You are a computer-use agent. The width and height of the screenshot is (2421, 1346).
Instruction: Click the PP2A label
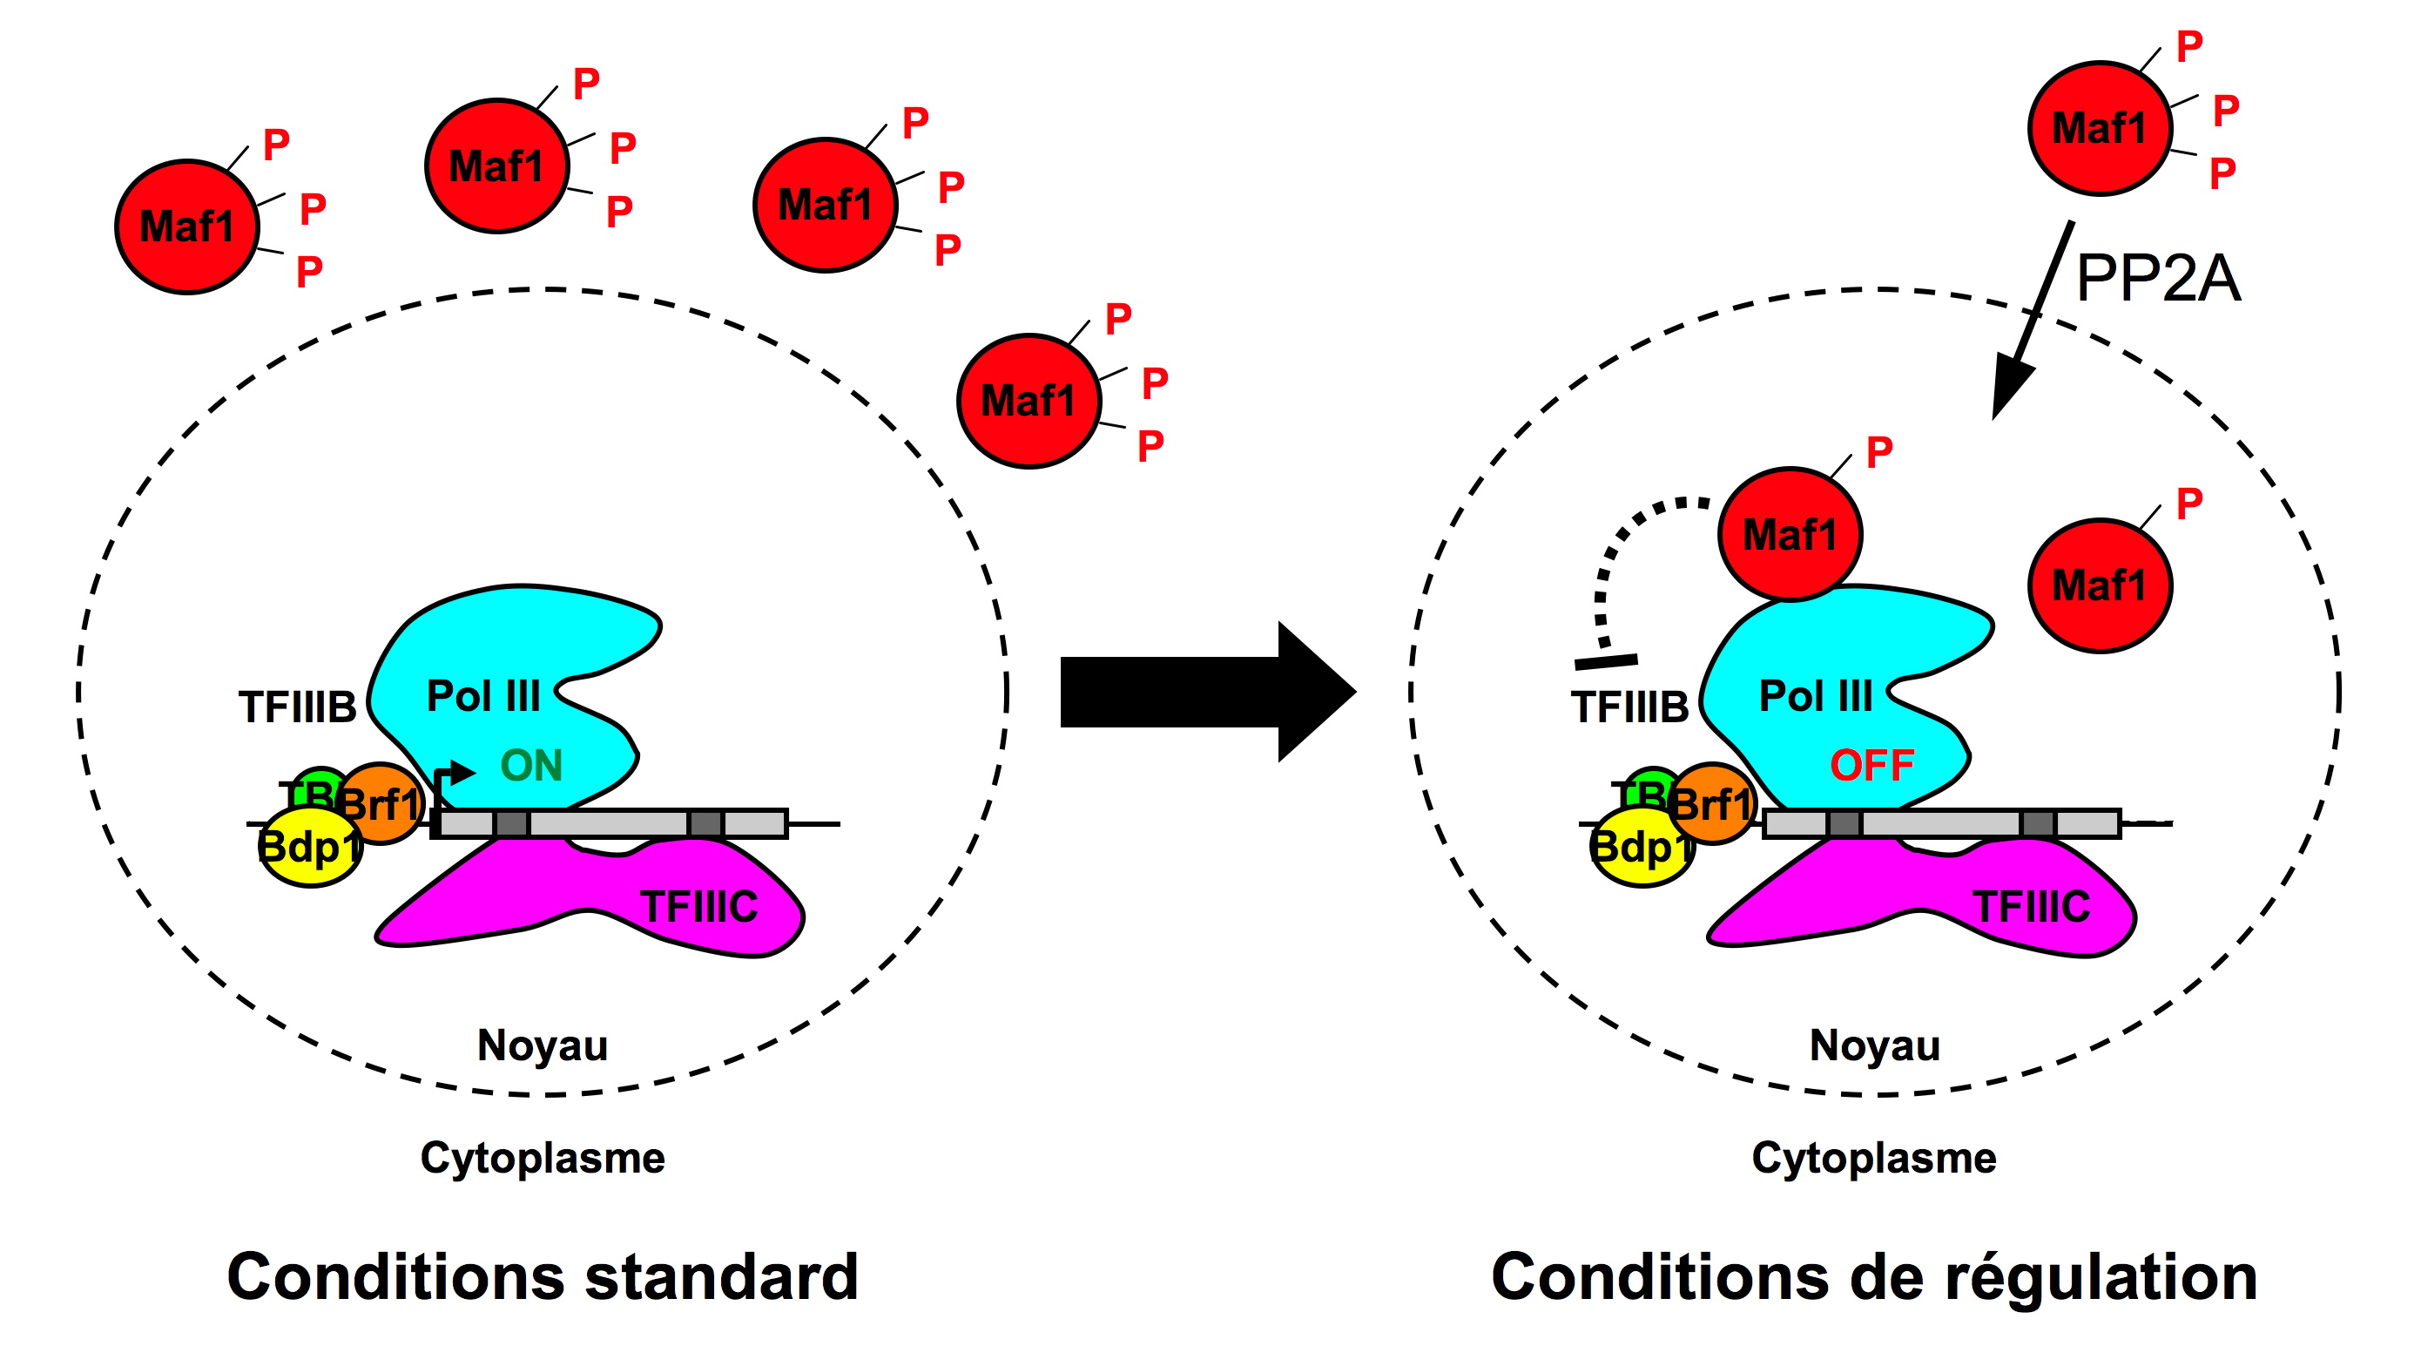point(2158,278)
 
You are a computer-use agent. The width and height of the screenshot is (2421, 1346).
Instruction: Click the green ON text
point(531,765)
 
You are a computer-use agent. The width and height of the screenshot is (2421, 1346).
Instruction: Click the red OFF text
point(1871,765)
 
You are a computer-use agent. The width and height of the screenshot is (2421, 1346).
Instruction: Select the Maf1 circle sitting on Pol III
point(1790,534)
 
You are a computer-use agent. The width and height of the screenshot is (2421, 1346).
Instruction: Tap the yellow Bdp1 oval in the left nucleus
point(308,849)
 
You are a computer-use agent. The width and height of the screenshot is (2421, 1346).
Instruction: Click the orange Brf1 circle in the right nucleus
point(1712,803)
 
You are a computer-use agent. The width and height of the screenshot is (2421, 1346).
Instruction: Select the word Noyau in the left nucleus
point(543,1045)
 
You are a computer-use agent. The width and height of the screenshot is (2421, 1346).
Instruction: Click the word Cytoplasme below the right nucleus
point(1874,1158)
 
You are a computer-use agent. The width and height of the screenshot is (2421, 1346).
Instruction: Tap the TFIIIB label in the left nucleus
point(297,707)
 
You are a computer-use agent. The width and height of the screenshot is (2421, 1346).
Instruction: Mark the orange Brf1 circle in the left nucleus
point(381,803)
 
